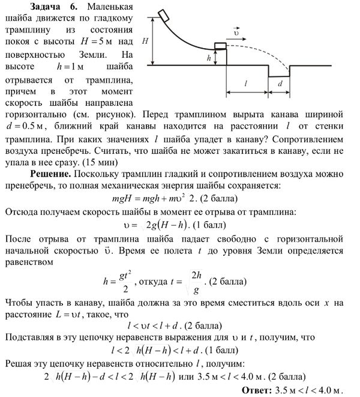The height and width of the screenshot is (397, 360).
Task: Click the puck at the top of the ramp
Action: tap(163, 13)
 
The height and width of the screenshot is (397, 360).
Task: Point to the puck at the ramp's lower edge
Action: tap(220, 46)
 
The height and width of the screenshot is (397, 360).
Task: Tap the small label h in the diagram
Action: tap(208, 58)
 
